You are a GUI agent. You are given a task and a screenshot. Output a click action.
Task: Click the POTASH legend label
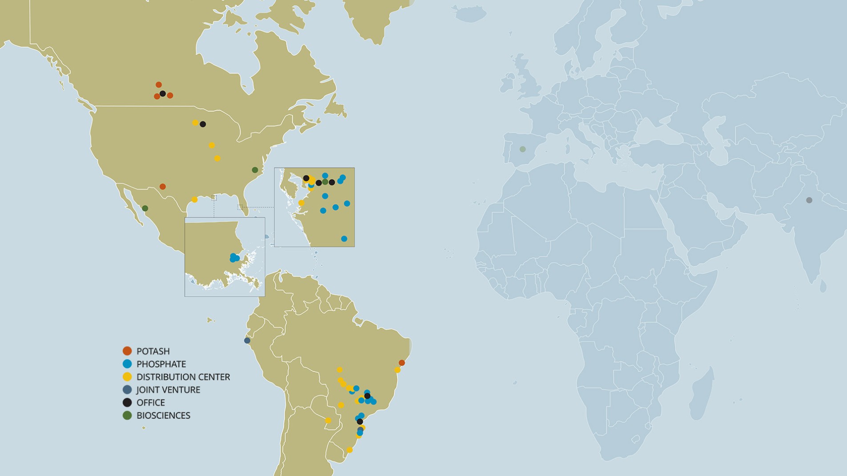[153, 351]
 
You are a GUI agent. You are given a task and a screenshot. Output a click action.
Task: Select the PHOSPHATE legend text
[161, 364]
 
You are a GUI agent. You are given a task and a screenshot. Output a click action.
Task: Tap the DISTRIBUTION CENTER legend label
[183, 377]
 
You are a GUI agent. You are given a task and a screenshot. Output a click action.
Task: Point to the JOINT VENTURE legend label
[168, 390]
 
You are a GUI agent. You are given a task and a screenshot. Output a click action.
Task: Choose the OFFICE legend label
[150, 403]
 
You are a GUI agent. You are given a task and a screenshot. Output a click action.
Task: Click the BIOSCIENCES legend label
[163, 416]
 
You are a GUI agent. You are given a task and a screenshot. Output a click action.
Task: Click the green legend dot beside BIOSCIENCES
[127, 416]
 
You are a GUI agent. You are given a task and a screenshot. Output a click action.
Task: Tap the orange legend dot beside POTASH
[127, 351]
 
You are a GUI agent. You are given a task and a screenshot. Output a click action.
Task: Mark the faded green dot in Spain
[523, 149]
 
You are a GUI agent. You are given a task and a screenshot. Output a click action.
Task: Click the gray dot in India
[809, 200]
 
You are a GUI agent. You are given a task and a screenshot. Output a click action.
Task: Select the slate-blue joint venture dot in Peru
[247, 341]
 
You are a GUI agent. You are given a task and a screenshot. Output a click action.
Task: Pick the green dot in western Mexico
[145, 208]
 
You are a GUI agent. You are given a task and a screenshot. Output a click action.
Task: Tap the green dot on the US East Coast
[255, 170]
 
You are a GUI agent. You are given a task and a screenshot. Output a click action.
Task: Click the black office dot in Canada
[163, 94]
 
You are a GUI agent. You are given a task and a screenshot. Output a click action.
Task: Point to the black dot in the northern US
[203, 124]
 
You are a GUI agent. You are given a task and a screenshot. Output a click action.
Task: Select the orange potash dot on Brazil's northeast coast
[402, 363]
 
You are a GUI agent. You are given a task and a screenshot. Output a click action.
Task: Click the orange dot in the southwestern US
[163, 187]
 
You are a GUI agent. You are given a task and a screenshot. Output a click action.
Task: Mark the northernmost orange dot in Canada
[159, 85]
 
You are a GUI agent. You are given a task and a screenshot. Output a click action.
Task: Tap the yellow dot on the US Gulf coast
[194, 200]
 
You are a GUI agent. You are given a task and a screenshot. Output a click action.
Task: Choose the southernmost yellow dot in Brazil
[349, 450]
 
